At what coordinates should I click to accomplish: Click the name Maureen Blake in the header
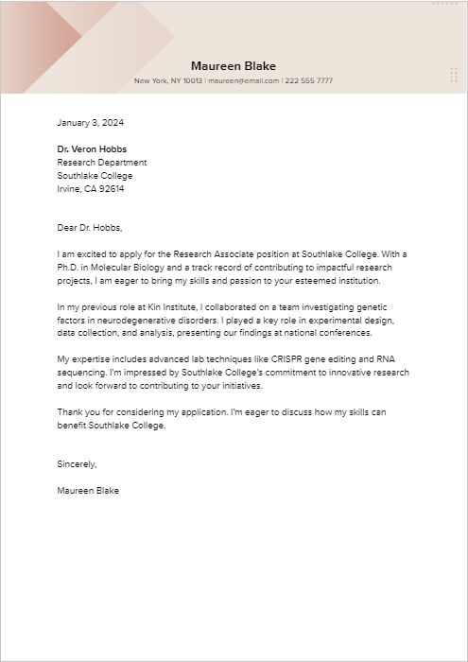coord(234,66)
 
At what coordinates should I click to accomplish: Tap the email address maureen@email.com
coord(244,81)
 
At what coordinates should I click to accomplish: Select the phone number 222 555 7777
coord(309,81)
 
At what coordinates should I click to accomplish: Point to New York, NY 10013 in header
coord(168,81)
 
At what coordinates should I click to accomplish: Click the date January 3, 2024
coord(91,123)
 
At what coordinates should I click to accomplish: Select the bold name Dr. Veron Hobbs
coord(92,149)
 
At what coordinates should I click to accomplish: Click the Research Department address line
coord(102,163)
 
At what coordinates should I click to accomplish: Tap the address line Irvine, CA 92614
coord(91,189)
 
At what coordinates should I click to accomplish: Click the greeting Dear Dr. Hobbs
coord(90,227)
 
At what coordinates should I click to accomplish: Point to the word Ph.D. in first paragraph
coord(68,268)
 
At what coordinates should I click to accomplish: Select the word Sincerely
coord(77,464)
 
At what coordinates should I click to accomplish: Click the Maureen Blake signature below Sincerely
coord(88,491)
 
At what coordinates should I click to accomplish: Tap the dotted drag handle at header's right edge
coord(455,76)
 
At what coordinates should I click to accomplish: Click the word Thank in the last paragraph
coord(70,413)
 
